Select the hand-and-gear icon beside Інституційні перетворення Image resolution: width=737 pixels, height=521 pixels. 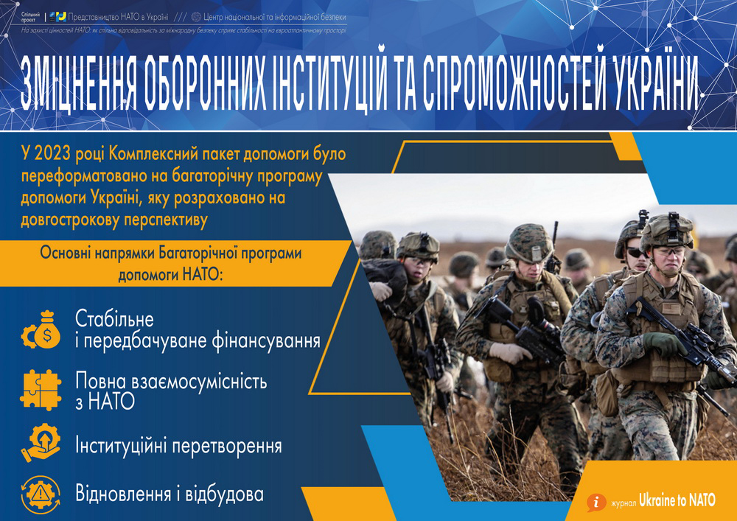(41, 444)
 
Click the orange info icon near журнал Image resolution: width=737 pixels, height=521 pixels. (595, 501)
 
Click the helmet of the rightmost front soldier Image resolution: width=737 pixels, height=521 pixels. (666, 230)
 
